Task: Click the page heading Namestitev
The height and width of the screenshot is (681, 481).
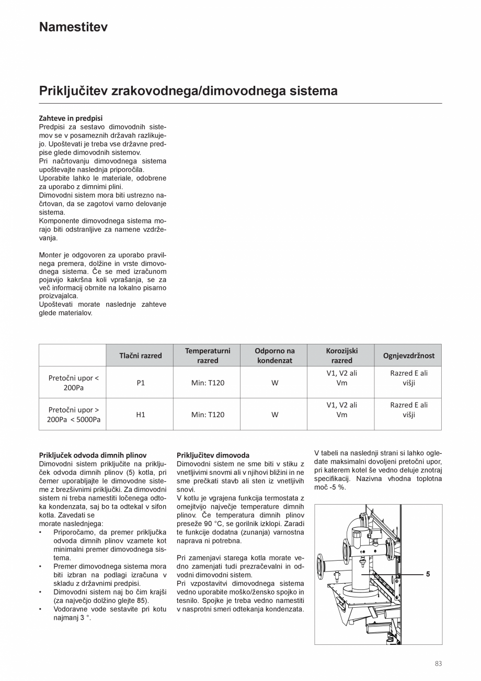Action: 73,27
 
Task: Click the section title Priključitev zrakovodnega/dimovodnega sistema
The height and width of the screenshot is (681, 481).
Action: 188,91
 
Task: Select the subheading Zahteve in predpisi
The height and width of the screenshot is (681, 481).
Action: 71,118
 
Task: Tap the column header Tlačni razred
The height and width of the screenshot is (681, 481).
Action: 141,355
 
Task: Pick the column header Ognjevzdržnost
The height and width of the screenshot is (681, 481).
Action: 408,355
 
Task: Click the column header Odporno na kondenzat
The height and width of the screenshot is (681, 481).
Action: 274,355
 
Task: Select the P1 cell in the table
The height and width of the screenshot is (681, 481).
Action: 141,383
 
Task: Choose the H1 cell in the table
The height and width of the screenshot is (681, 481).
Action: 141,415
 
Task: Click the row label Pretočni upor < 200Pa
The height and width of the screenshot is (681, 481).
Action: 73,383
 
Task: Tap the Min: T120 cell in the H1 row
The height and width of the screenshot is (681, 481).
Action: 208,415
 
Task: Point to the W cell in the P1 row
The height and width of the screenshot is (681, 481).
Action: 274,383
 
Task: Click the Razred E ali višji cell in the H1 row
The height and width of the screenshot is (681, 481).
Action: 408,409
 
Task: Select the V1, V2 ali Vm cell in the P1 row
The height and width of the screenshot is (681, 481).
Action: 341,378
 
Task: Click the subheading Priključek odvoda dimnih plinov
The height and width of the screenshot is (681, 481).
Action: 93,455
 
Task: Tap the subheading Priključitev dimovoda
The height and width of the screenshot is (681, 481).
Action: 213,455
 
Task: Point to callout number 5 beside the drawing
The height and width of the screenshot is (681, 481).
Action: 428,574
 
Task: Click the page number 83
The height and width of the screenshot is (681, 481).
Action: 438,664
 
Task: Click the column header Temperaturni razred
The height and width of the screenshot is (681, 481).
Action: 208,355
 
